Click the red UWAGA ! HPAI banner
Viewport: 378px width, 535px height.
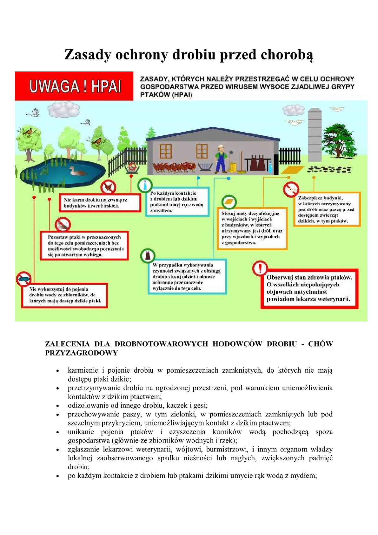pos(74,86)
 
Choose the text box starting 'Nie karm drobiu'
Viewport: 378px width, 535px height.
pos(100,203)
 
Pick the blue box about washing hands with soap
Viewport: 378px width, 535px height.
pos(177,202)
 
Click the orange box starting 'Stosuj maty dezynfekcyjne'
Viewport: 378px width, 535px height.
pos(252,228)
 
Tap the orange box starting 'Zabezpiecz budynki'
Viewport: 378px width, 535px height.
pos(327,209)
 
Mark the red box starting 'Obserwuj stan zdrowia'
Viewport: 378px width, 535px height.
pos(309,288)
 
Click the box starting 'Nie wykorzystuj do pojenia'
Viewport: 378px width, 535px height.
pos(65,295)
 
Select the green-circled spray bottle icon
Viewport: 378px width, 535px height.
pos(145,185)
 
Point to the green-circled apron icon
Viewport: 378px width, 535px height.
pos(148,256)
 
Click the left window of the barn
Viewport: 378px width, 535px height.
pos(165,151)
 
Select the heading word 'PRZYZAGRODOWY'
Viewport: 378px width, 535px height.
pos(81,353)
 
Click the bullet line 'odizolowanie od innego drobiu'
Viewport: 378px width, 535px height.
pos(137,405)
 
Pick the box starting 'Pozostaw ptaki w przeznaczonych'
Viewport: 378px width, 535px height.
pos(84,246)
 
